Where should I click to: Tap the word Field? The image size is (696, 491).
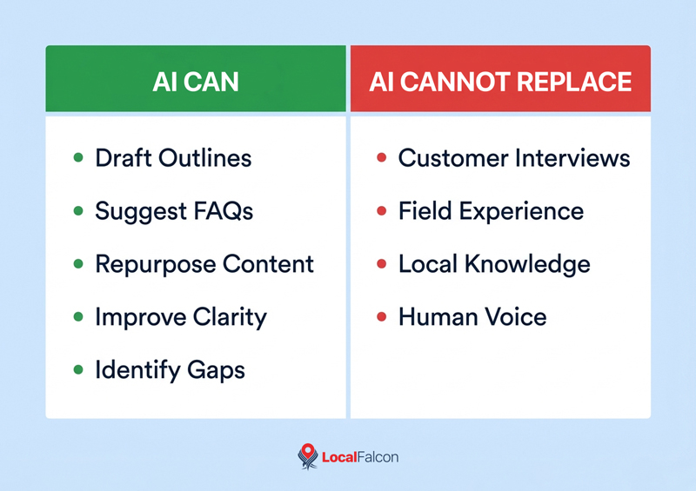[x=422, y=211]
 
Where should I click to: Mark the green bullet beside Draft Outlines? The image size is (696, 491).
[x=79, y=159]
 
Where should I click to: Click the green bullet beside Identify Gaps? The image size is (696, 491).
[x=79, y=370]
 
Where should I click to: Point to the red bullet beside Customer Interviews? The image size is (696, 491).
[x=381, y=159]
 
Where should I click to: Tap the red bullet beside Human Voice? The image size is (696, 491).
[x=381, y=317]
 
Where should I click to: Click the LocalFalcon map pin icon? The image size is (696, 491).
[x=307, y=457]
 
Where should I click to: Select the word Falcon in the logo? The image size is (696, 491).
[x=378, y=457]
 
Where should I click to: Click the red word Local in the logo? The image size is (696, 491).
[x=339, y=457]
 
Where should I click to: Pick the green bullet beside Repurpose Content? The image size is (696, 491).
[x=79, y=264]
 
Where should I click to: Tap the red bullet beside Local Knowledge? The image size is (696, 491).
[x=381, y=264]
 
